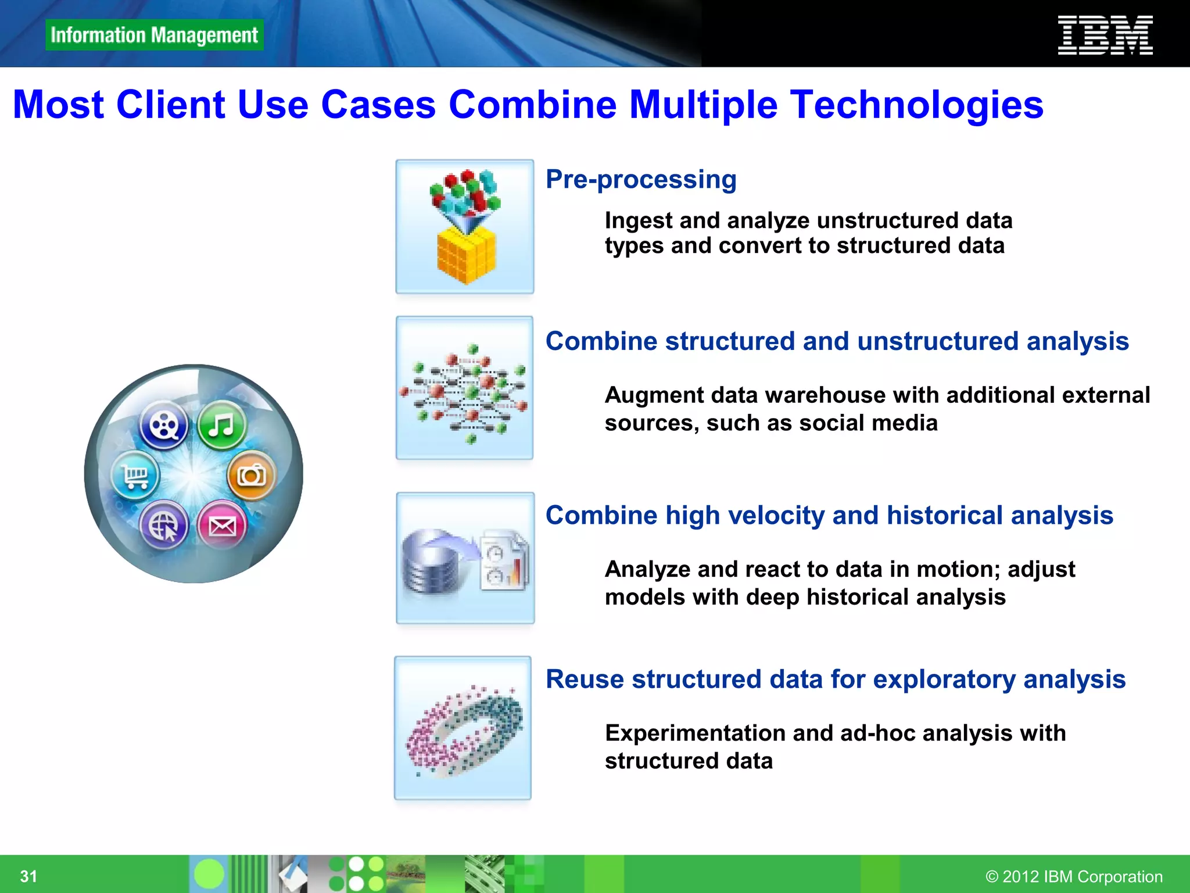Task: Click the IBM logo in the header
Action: coord(1105,35)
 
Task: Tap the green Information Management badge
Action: coord(154,35)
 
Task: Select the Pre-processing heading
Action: coord(641,179)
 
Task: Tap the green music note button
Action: coord(221,425)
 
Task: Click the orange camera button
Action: coord(252,475)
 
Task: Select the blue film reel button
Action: coord(164,425)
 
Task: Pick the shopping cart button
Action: coord(135,476)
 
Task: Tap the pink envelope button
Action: coord(222,526)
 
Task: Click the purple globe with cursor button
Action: coord(164,526)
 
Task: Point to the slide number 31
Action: coord(28,876)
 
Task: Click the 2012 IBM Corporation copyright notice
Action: coord(1074,876)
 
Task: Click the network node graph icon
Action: coord(464,388)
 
